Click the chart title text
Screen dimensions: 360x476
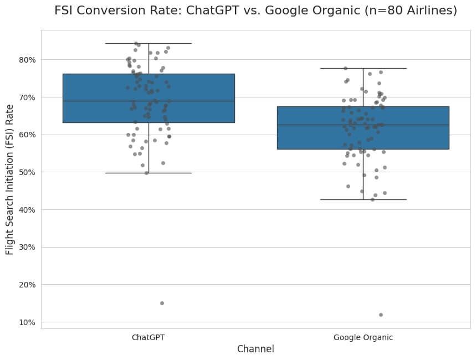[x=255, y=11]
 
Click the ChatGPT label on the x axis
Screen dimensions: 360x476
[x=148, y=337]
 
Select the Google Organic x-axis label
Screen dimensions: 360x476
[x=363, y=337]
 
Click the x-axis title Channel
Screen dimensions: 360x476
[x=255, y=349]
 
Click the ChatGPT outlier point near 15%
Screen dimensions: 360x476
[x=162, y=303]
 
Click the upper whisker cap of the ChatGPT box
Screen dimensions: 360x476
[x=148, y=43]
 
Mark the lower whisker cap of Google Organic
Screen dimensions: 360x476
[x=363, y=199]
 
